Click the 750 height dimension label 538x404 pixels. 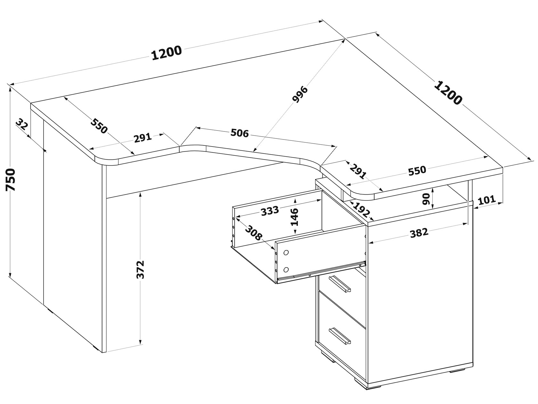(x=11, y=180)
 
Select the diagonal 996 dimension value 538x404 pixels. (x=300, y=94)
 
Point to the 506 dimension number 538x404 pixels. (x=240, y=133)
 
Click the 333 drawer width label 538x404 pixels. (x=270, y=211)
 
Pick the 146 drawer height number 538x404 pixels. (x=294, y=217)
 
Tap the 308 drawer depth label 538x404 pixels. (x=253, y=233)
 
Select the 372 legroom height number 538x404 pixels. (x=141, y=270)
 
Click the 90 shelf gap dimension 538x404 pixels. (x=426, y=199)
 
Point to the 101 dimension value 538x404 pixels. (x=487, y=200)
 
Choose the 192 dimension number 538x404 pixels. (x=361, y=210)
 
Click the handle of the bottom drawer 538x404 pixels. (x=340, y=336)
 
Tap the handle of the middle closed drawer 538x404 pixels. (x=340, y=284)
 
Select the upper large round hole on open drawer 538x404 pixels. (x=286, y=252)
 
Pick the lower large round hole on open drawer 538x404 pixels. (x=286, y=270)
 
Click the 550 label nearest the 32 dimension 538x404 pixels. (x=99, y=126)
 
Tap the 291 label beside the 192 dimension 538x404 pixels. (x=358, y=172)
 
